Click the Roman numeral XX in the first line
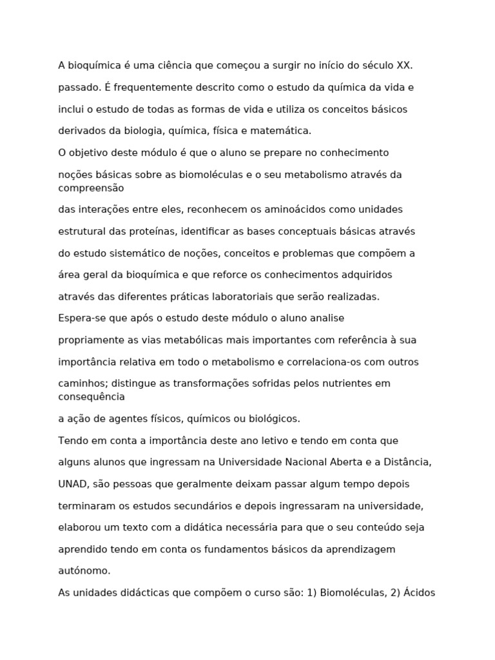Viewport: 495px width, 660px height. (x=404, y=65)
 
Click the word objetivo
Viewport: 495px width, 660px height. (x=90, y=153)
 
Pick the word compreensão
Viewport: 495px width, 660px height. (x=91, y=188)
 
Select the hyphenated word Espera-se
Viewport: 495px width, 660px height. (x=81, y=318)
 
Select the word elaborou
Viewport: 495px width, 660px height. (x=79, y=528)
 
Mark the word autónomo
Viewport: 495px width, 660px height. (x=84, y=571)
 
